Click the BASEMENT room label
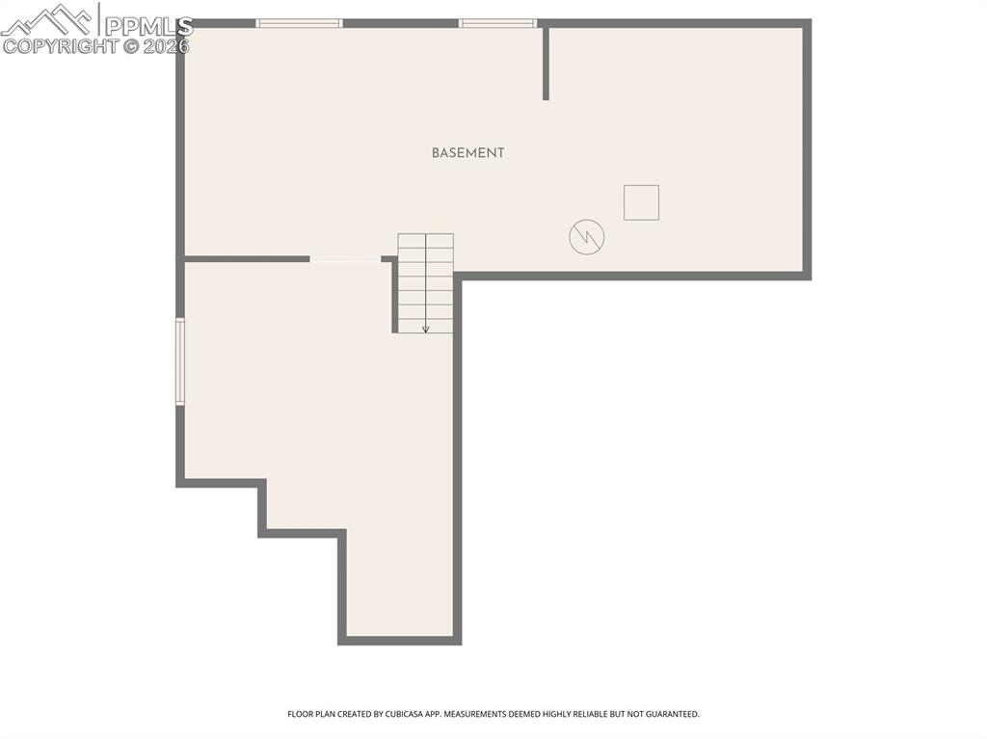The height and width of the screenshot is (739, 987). pyautogui.click(x=467, y=153)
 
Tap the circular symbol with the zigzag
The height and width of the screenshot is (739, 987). pyautogui.click(x=586, y=237)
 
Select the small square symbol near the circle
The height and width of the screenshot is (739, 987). pyautogui.click(x=641, y=202)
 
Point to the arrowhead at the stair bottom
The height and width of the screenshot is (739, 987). pyautogui.click(x=426, y=330)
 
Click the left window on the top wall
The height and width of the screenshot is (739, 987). pyautogui.click(x=299, y=23)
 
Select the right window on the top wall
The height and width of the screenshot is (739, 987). pyautogui.click(x=497, y=23)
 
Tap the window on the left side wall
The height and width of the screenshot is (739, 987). pyautogui.click(x=180, y=361)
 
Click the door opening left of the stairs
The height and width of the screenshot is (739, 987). pyautogui.click(x=345, y=258)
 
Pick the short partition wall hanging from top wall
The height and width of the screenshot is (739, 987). pyautogui.click(x=546, y=63)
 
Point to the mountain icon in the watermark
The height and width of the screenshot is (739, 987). pyautogui.click(x=48, y=17)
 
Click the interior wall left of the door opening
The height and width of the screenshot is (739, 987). pyautogui.click(x=247, y=258)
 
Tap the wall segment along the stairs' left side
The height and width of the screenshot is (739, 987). pyautogui.click(x=395, y=297)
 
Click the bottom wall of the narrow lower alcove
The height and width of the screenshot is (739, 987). pyautogui.click(x=399, y=640)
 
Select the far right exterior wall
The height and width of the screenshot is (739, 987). pyautogui.click(x=807, y=149)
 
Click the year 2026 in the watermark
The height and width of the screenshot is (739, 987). pyautogui.click(x=166, y=46)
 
